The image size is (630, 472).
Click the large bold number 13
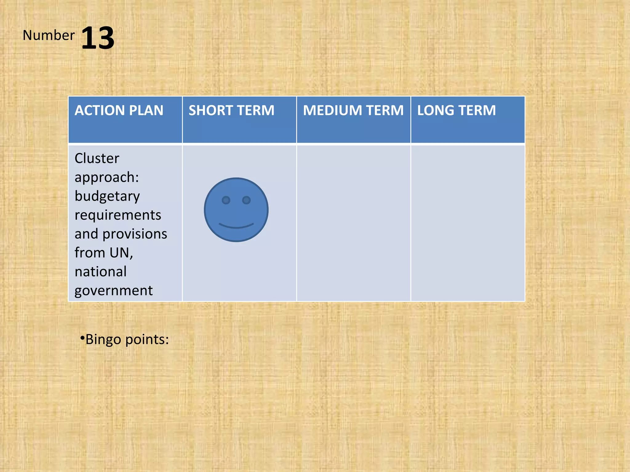98,38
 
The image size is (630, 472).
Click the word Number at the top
49,35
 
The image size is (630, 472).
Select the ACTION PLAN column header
119,110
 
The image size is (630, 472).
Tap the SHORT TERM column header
231,110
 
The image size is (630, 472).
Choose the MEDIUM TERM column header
353,110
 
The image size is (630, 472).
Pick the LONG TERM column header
456,110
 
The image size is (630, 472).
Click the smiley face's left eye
226,200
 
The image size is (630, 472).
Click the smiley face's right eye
246,200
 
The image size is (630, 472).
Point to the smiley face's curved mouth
236,226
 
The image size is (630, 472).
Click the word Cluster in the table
97,159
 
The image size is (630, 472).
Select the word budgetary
107,196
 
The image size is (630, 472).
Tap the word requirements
118,215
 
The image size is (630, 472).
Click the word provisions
135,234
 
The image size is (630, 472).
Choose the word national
101,272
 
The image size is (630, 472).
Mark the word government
114,291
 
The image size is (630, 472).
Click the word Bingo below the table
103,340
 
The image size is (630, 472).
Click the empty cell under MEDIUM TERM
353,223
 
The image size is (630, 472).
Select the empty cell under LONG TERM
468,223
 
